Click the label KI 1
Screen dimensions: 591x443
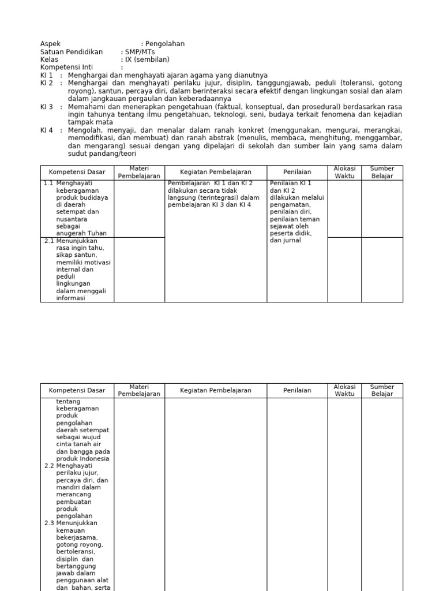tap(47, 76)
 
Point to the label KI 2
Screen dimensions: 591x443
tap(47, 84)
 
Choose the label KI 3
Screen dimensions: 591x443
tap(47, 107)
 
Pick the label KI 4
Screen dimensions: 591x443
tap(47, 131)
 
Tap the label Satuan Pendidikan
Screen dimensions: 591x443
tap(72, 52)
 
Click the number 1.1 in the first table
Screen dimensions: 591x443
tap(48, 184)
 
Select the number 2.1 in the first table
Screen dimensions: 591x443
tap(49, 241)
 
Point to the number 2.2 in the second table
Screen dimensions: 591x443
tap(49, 466)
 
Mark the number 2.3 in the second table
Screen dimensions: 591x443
tap(49, 523)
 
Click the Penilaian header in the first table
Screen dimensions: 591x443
tap(297, 173)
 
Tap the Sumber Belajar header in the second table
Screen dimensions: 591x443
tap(382, 391)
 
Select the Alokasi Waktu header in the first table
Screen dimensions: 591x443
tap(345, 173)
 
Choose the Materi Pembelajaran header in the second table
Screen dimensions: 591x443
tap(139, 391)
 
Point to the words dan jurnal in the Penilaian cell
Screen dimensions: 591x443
tap(285, 241)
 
